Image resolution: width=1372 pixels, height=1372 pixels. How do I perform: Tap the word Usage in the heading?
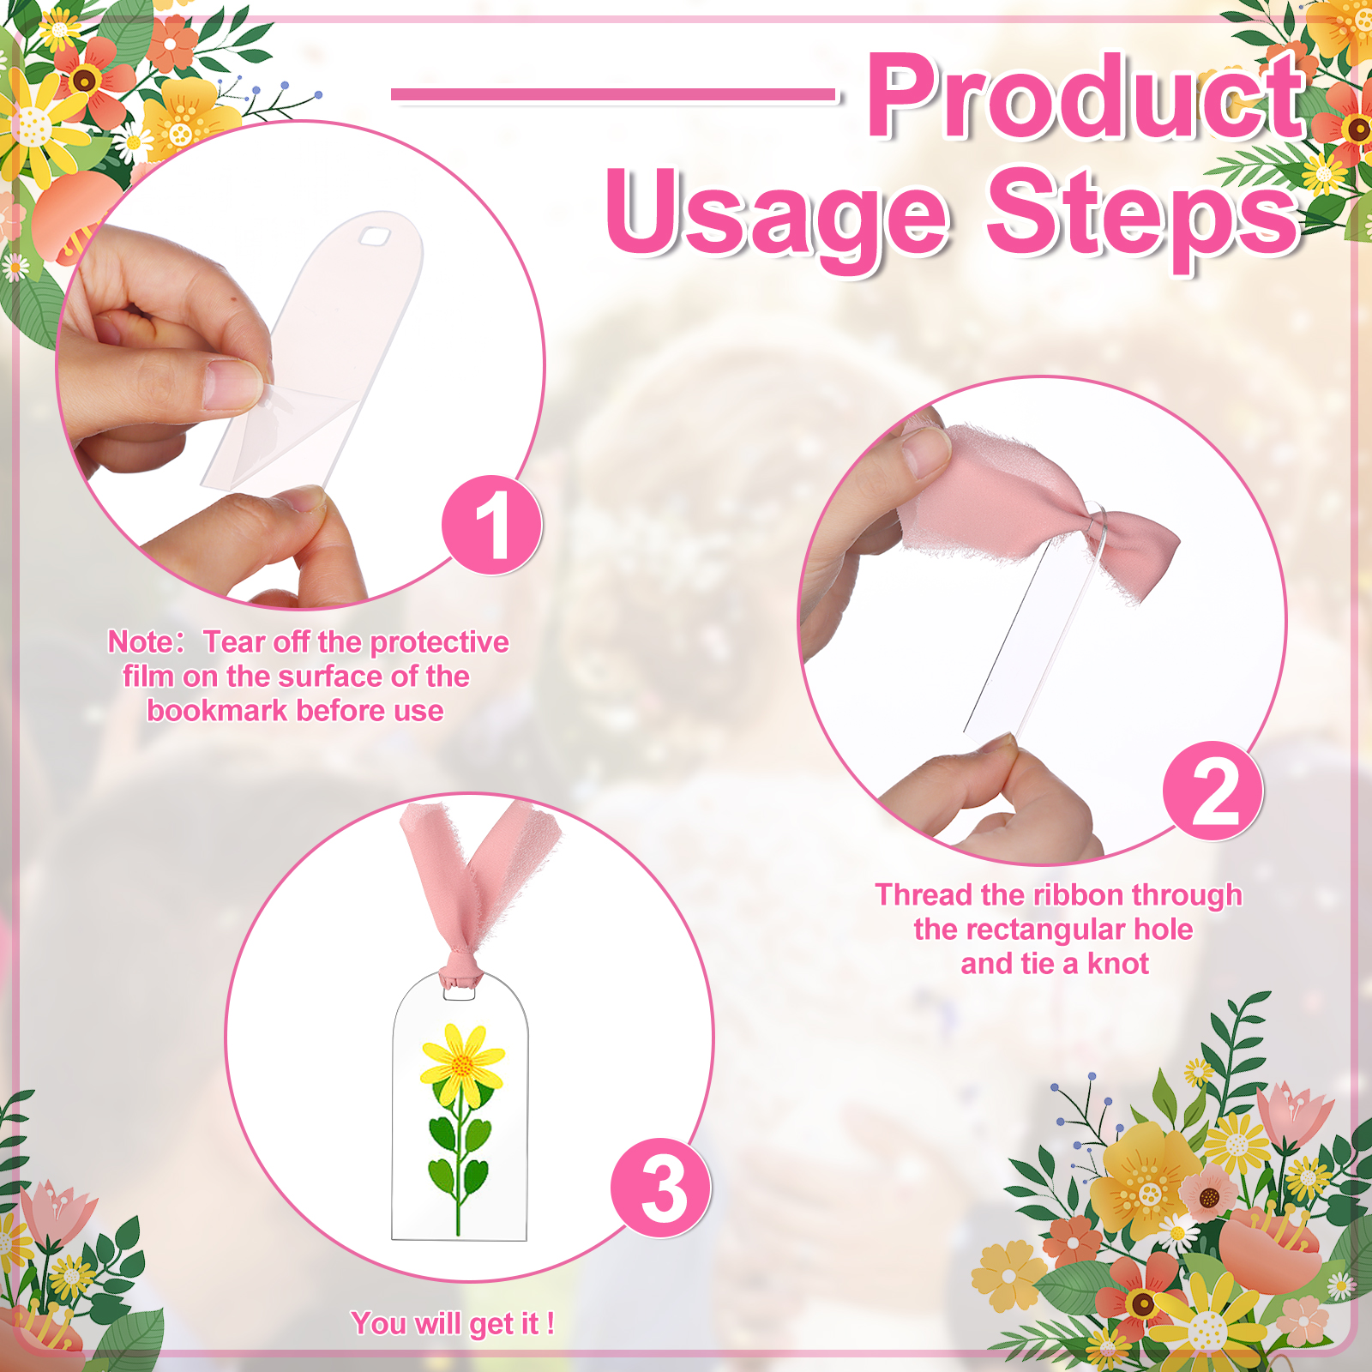point(778,218)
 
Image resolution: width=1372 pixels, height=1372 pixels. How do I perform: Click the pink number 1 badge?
point(491,525)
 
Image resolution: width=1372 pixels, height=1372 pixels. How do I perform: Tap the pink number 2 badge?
point(1213,791)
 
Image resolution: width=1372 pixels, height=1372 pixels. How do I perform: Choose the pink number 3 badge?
point(660,1188)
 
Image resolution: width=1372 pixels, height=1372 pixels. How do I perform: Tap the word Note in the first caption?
point(141,641)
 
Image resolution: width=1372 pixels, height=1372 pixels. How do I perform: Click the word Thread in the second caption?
point(924,894)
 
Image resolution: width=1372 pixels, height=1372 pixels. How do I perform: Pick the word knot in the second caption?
point(1118,964)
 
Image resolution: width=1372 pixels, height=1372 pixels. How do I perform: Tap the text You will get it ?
point(453,1323)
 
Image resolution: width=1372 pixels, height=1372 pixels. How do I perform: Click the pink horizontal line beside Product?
point(613,94)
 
